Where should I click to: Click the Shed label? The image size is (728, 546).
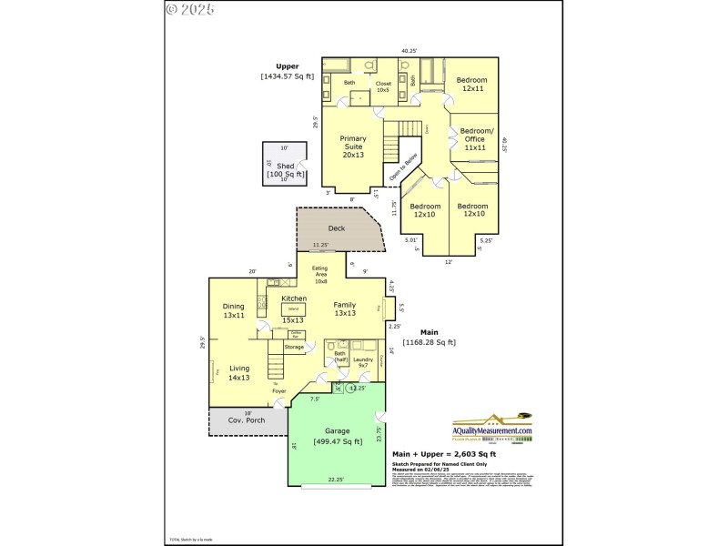pos(286,166)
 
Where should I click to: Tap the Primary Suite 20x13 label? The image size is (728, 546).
pos(353,147)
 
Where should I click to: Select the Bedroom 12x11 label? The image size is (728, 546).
pos(471,84)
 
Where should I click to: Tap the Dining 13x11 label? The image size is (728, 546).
pos(234,310)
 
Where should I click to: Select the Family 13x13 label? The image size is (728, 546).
pos(344,308)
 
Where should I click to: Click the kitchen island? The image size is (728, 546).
pos(293,309)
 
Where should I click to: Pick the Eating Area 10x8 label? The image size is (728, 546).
pos(320,275)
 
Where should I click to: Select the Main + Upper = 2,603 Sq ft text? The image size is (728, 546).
pos(443,452)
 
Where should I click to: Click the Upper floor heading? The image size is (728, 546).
pos(288,66)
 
